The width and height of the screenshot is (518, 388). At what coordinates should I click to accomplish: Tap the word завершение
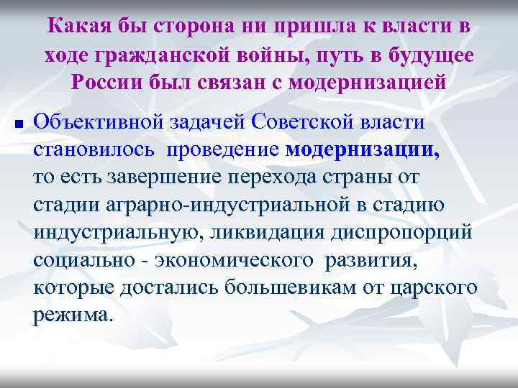pyautogui.click(x=150, y=177)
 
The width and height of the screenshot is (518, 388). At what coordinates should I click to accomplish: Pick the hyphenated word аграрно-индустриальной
pyautogui.click(x=206, y=205)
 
